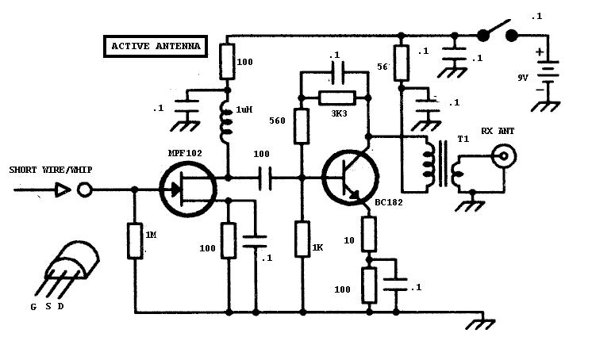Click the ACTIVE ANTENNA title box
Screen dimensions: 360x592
click(156, 47)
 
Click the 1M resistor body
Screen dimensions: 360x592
click(134, 240)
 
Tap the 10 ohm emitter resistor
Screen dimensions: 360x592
click(369, 232)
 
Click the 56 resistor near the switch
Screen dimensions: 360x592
click(402, 63)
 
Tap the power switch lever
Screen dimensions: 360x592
click(496, 31)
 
